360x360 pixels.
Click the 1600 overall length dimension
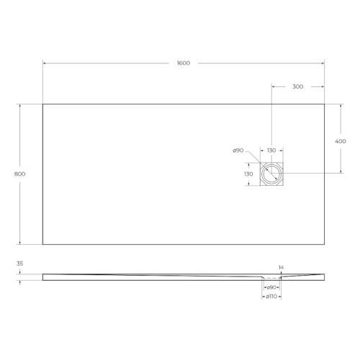pyautogui.click(x=184, y=63)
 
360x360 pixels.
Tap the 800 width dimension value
pyautogui.click(x=19, y=174)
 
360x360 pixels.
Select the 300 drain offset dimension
pyautogui.click(x=297, y=86)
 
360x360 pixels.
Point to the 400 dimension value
pyautogui.click(x=341, y=141)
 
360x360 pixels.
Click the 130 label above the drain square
pyautogui.click(x=271, y=150)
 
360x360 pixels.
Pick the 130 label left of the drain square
pyautogui.click(x=248, y=174)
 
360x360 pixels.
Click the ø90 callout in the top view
pyautogui.click(x=238, y=150)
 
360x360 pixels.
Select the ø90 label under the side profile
pyautogui.click(x=271, y=287)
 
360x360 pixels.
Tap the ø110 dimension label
pyautogui.click(x=271, y=297)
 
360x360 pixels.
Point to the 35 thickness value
pyautogui.click(x=19, y=264)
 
